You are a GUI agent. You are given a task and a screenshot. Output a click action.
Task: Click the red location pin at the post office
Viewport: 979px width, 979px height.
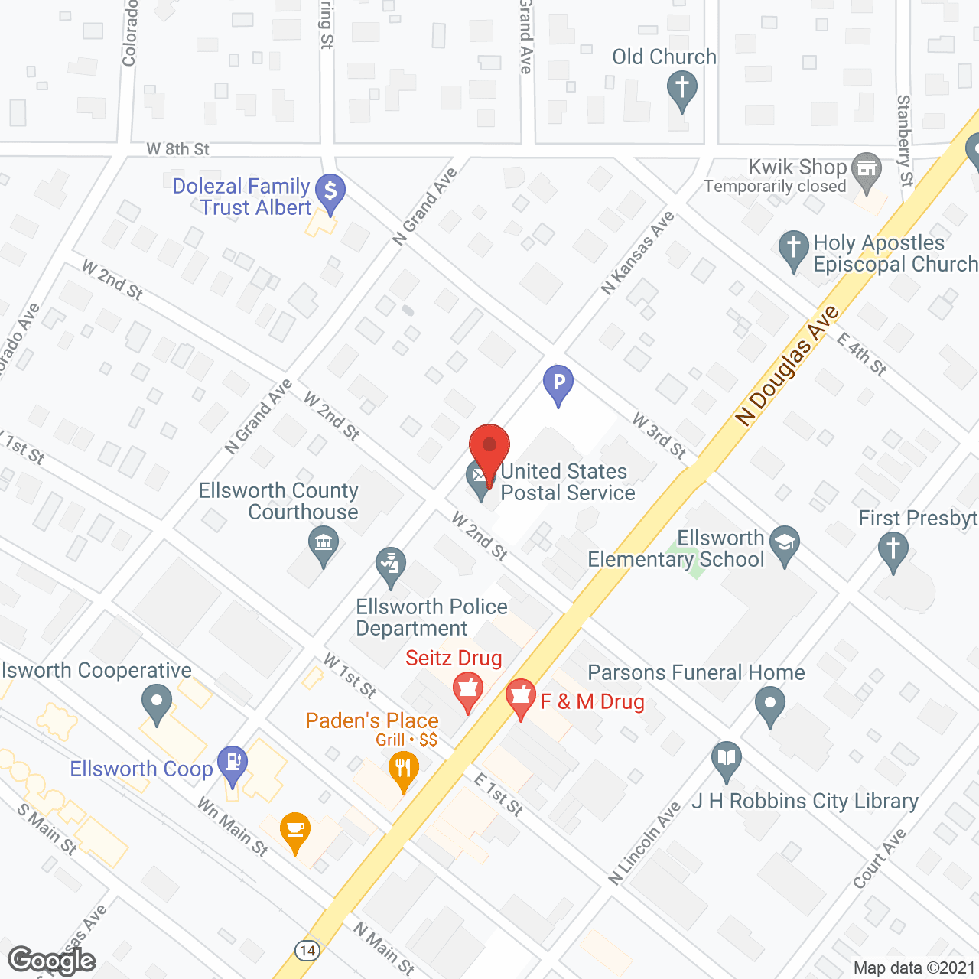[489, 447]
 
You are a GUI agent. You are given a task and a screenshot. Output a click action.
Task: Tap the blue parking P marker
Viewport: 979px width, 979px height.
[558, 382]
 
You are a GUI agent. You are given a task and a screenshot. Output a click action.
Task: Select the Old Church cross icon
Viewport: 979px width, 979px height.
[681, 87]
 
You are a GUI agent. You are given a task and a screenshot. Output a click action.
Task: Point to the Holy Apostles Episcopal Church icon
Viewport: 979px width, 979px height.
[794, 249]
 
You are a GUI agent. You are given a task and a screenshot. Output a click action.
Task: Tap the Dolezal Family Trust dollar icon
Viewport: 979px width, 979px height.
[330, 191]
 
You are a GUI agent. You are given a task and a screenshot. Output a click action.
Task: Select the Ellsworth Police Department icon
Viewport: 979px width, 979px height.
[391, 567]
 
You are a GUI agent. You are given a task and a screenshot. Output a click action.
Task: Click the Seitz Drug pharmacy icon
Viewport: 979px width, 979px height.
[467, 689]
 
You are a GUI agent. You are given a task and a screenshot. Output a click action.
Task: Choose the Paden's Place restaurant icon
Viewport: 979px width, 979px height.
[403, 768]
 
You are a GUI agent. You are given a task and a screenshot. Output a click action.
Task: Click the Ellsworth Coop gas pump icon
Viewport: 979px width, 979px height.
[233, 763]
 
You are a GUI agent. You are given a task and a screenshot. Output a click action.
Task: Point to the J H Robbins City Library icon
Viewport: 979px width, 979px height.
[727, 759]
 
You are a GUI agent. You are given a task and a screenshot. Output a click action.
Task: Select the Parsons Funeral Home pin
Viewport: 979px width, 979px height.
[770, 704]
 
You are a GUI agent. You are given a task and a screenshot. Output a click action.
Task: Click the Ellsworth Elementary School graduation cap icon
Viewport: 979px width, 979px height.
[785, 544]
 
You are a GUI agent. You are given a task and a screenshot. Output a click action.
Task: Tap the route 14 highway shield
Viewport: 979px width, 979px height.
[307, 951]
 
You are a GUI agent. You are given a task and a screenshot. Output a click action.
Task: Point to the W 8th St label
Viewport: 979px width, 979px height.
[178, 149]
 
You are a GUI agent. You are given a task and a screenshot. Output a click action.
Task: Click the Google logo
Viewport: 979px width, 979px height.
[52, 961]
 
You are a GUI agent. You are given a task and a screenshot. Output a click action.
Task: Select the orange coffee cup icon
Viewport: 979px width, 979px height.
[295, 831]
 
